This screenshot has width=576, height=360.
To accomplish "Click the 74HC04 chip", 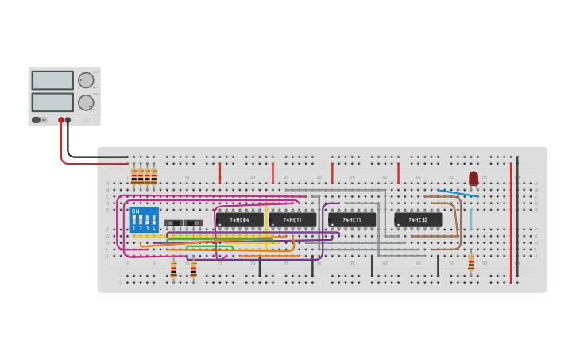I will tap(239, 219).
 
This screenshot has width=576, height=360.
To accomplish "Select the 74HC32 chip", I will tap(418, 219).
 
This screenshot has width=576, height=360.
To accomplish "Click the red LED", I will tap(474, 178).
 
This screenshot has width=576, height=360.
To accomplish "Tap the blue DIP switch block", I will tap(144, 219).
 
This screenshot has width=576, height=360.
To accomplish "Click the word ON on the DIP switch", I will tap(135, 211).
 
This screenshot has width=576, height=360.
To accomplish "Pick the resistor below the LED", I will tap(471, 263).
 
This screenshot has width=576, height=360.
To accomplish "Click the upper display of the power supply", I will tap(52, 80).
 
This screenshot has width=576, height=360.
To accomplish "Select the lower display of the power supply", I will tap(52, 103).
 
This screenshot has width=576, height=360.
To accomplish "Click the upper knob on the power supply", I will tap(86, 80).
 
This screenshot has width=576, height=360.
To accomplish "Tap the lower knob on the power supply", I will tap(86, 103).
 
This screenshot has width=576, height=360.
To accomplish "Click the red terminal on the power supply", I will tap(60, 120).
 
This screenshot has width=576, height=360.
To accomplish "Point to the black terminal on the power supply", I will tap(68, 120).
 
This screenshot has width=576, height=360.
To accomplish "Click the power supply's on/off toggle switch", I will tap(37, 120).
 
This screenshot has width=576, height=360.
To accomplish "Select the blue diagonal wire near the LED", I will tap(458, 193).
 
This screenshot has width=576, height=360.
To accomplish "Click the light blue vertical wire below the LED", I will tap(470, 219).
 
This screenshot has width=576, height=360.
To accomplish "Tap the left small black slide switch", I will tap(173, 223).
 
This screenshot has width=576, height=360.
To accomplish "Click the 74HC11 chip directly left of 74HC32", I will tap(352, 219).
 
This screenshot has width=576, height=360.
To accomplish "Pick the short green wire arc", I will tap(210, 247).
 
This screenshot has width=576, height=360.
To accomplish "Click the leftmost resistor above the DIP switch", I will tap(133, 176).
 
